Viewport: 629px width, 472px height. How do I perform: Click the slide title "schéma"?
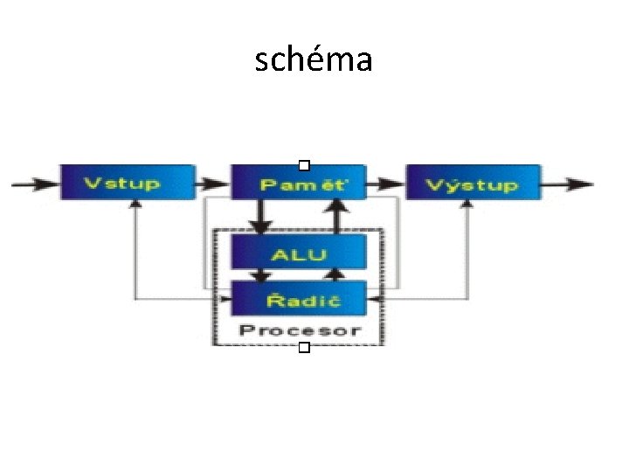coord(314,59)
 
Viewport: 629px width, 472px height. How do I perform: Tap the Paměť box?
coord(298,184)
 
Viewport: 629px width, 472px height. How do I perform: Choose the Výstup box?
coord(473,184)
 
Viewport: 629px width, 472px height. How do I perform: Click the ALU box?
coord(298,253)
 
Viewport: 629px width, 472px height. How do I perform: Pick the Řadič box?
coord(298,300)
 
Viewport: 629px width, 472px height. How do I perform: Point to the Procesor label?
coord(299,330)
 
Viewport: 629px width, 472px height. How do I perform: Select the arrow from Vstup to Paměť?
coord(212,184)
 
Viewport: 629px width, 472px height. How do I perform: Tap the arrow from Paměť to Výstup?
coord(385,184)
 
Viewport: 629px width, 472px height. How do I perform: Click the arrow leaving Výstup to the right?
coord(568,184)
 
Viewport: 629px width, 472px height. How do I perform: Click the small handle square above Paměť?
coord(303,164)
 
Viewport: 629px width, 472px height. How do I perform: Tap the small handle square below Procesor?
coord(303,349)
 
